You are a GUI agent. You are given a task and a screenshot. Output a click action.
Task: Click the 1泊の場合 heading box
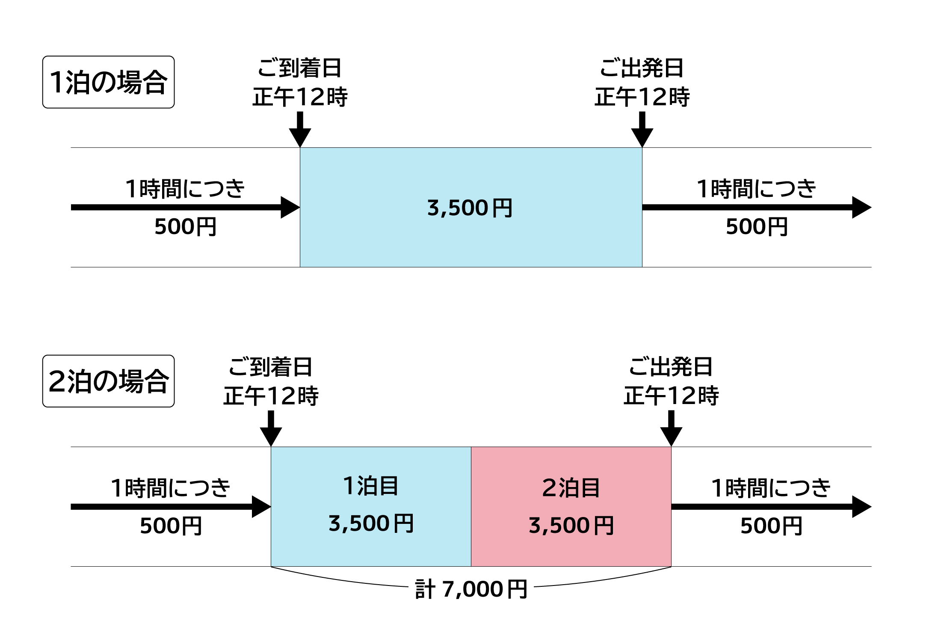tap(108, 82)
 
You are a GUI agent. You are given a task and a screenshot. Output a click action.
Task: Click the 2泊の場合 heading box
tap(108, 381)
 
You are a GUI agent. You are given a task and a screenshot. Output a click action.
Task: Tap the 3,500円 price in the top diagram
tap(470, 208)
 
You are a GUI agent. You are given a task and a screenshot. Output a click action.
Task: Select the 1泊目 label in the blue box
tap(371, 486)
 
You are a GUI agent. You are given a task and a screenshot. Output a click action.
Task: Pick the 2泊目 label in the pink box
tap(571, 487)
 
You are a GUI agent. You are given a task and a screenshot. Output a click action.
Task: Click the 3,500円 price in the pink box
tap(571, 525)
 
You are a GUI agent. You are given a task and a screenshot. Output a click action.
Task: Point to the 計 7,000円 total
tap(471, 589)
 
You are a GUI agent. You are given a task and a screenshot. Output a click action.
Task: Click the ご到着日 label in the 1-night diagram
tap(299, 68)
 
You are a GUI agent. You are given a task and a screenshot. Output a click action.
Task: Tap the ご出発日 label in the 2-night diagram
tap(671, 367)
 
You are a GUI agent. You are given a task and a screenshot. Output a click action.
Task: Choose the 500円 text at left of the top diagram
tap(185, 226)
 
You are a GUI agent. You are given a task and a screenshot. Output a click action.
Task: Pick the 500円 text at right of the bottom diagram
tap(771, 526)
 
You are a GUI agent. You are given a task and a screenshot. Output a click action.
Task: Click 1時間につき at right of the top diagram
tap(756, 189)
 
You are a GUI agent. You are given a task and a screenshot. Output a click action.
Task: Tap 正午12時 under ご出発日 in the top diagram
tap(642, 97)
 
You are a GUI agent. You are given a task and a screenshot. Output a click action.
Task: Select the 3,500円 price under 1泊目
tap(371, 523)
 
